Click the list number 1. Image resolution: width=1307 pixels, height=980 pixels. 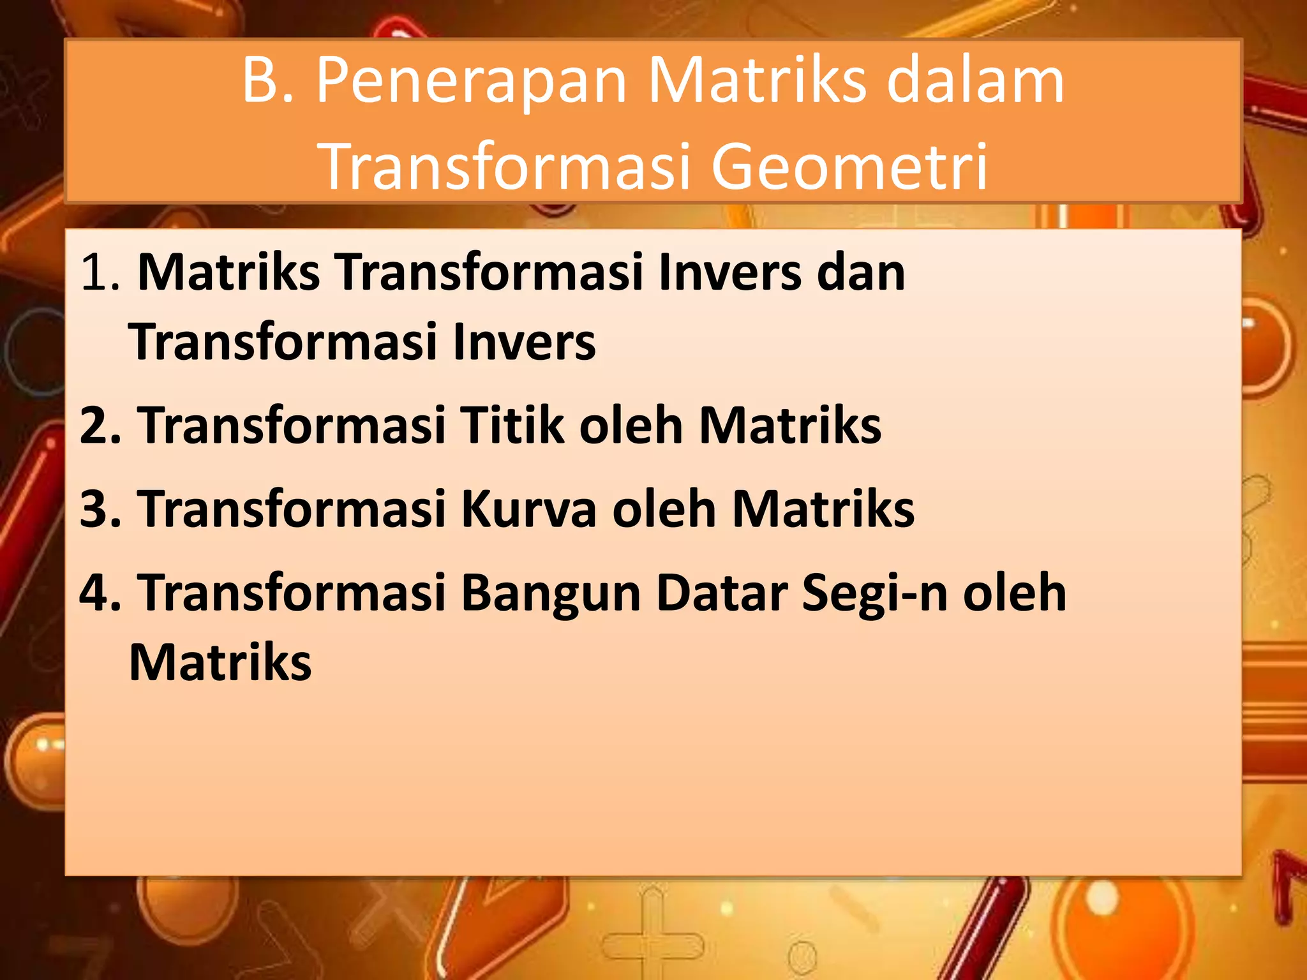coord(99,273)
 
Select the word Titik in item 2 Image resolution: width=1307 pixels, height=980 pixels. coord(512,426)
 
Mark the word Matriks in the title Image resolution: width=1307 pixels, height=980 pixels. coord(758,82)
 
